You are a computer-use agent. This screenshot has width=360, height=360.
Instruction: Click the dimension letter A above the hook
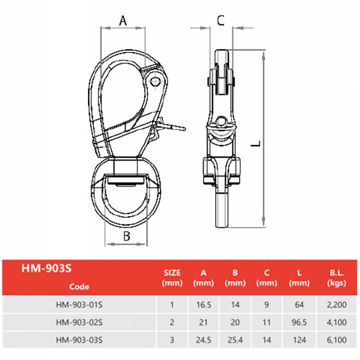[x=123, y=20]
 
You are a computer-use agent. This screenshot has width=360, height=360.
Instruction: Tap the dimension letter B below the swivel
[x=126, y=236]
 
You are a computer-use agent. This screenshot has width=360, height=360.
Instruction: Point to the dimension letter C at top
[x=220, y=20]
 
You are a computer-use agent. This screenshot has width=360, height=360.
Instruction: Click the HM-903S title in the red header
[x=47, y=268]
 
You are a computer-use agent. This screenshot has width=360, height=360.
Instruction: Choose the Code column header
[x=79, y=286]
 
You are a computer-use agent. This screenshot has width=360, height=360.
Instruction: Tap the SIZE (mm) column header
[x=172, y=278]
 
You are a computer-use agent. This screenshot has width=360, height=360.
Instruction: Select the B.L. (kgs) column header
[x=337, y=278]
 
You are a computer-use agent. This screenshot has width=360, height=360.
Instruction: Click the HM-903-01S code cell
[x=79, y=305]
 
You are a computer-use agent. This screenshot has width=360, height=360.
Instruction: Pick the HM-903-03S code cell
[x=79, y=340]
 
